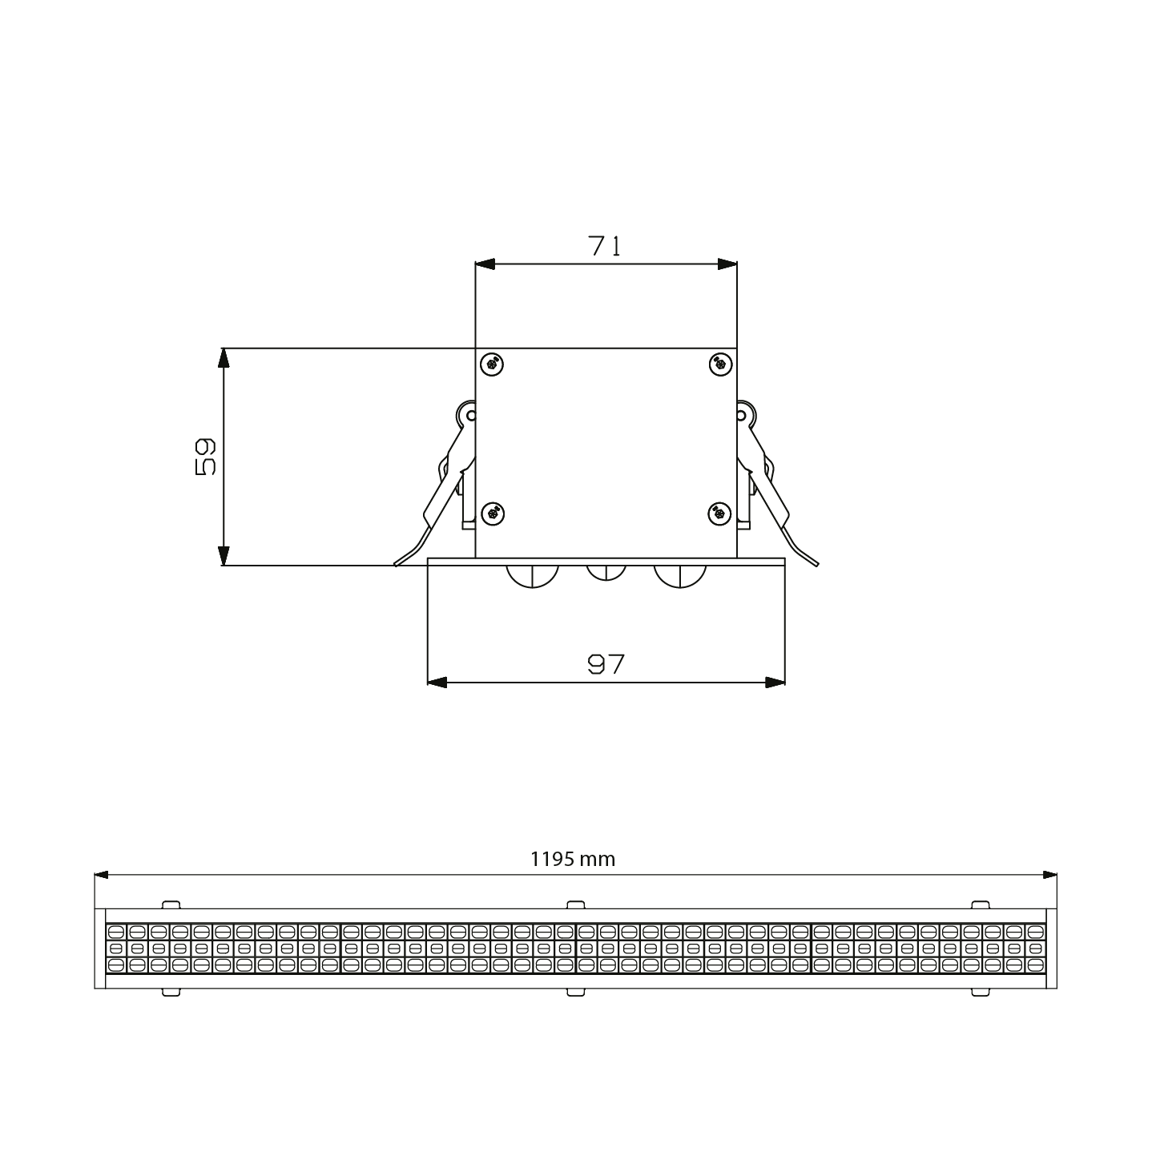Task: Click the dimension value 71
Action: pyautogui.click(x=605, y=246)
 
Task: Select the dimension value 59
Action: pyautogui.click(x=205, y=457)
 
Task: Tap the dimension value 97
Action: pyautogui.click(x=606, y=664)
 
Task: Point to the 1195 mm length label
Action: pyautogui.click(x=573, y=859)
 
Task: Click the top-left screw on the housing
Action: pyautogui.click(x=491, y=364)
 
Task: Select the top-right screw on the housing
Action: pyautogui.click(x=720, y=364)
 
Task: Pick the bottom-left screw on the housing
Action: pyautogui.click(x=493, y=514)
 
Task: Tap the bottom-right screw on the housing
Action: pyautogui.click(x=719, y=514)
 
